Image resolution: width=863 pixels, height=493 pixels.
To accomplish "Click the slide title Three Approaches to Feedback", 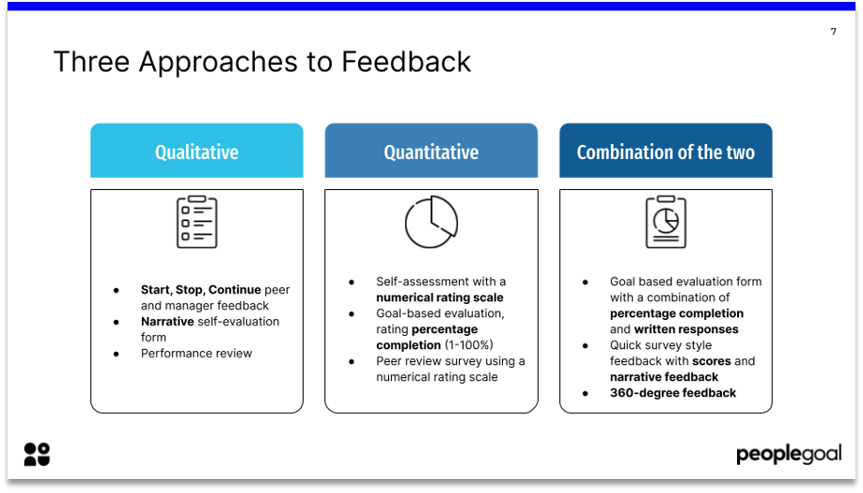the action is pos(262,62).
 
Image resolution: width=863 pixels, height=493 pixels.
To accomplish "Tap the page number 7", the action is pos(833,32).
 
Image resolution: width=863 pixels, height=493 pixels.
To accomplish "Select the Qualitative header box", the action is pos(196,151).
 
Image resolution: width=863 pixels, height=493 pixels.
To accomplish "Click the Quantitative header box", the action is pos(431,151).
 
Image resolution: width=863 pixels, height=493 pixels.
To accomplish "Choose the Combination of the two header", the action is pos(666,151).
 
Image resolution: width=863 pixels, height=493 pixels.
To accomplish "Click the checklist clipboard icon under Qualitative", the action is pos(196,222).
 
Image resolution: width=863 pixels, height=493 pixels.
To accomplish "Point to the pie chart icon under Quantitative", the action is pos(431,222).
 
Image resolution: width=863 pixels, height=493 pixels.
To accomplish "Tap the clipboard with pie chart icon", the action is pos(666,222).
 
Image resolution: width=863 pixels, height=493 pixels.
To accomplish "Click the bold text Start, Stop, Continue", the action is pos(201,290).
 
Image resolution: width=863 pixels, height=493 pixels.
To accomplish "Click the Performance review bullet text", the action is pos(196,354).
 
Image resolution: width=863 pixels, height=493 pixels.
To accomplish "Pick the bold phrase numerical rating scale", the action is pos(440,298).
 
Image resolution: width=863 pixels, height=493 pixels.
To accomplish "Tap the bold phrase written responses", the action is pos(685,329).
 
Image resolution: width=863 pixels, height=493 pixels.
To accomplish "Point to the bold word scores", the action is pos(712,361).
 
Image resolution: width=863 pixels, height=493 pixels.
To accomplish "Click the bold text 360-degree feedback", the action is pos(673,393).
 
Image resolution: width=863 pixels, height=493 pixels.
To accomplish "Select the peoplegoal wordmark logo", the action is pos(788,455).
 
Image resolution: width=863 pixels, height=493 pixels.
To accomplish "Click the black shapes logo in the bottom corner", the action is pos(37,454).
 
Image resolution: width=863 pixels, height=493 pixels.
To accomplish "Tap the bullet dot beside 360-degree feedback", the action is pos(585,393).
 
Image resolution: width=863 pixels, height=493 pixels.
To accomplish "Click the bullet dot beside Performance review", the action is pos(117,354).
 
